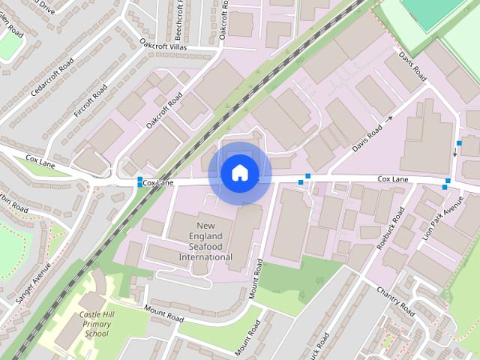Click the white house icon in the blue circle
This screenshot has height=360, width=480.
(x=239, y=172)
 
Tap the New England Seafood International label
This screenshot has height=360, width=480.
(x=205, y=241)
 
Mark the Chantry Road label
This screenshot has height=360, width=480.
(x=396, y=299)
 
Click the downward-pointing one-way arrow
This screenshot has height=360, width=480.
(x=454, y=152)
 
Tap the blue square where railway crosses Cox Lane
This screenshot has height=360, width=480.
(x=140, y=181)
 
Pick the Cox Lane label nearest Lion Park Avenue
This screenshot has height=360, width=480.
(x=393, y=180)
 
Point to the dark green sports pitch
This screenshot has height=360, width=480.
(x=427, y=11)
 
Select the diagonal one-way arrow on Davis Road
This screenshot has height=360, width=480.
(x=387, y=119)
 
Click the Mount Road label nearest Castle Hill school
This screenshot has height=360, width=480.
(x=164, y=314)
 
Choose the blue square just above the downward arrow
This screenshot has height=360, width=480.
(x=459, y=142)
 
